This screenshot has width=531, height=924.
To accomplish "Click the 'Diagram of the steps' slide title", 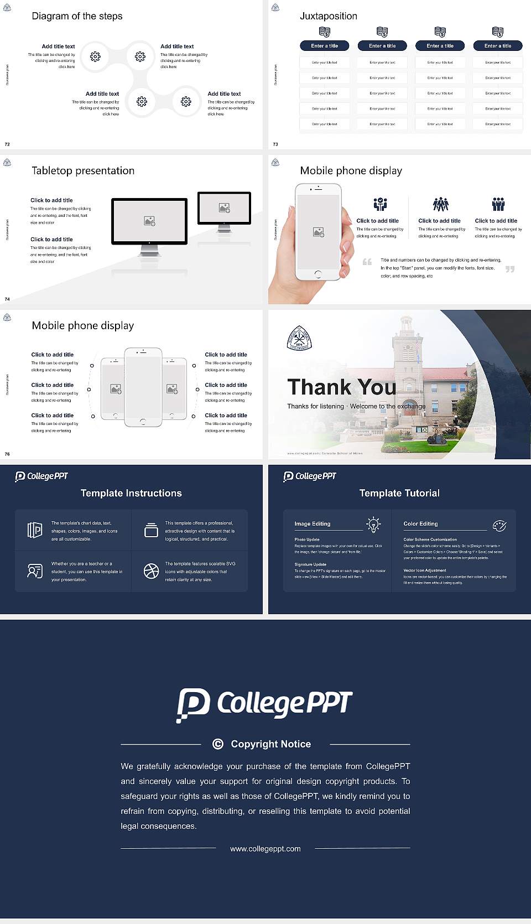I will coord(77,16).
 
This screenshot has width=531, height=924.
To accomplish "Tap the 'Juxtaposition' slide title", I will coord(328,16).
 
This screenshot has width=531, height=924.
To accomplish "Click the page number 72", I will coord(7,144).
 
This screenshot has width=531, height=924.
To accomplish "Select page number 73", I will coord(275,144).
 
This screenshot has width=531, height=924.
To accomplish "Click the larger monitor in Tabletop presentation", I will coord(149,221).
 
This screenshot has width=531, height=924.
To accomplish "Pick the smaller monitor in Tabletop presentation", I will coord(224,208).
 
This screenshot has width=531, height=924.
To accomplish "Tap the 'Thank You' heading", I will coord(341,387).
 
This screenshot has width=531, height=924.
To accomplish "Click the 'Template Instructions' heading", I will coord(131,493).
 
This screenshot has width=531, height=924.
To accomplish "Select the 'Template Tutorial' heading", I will coord(399,493).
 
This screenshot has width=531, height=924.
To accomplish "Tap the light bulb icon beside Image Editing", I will coord(373,524).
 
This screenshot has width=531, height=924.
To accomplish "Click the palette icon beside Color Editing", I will coord(499,526).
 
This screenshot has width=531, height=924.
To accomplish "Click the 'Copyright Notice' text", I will coord(270,744).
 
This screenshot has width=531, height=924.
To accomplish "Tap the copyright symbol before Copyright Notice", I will coord(218,744).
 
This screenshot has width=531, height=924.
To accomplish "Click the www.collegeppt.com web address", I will coord(265,849).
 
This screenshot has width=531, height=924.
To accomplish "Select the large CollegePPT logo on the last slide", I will coord(264,704).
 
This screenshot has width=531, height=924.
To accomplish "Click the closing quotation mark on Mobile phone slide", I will coord(510,269).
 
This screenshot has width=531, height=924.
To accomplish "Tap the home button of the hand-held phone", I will coord(318,274).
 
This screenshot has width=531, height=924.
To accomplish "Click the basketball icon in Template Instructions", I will coord(151,571).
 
